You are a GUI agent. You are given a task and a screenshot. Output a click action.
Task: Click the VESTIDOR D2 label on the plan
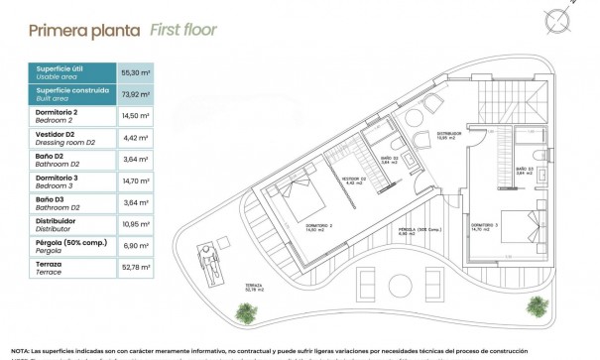pos(354,180)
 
